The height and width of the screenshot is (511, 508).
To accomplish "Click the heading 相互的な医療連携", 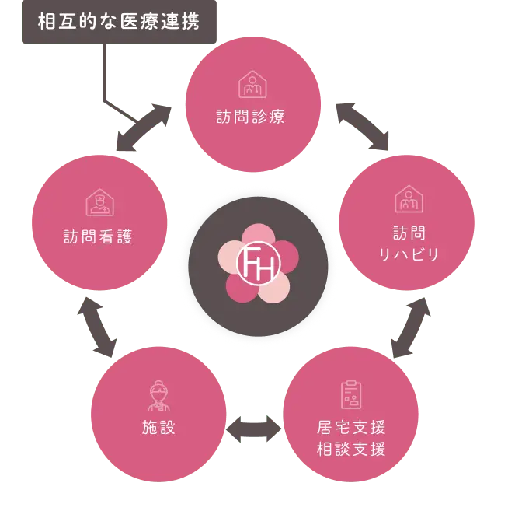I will point(119,21).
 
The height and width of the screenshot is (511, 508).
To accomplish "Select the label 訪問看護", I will point(98,236).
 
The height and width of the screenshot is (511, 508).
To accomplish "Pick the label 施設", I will point(158,427).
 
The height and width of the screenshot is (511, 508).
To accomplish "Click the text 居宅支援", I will point(351,427).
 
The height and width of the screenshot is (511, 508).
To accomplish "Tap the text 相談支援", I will point(351,449).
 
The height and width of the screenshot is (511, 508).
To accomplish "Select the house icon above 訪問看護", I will point(99,203).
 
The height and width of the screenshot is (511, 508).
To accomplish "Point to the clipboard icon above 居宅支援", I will point(351,394).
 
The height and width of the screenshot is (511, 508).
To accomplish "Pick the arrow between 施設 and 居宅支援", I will point(253,427).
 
